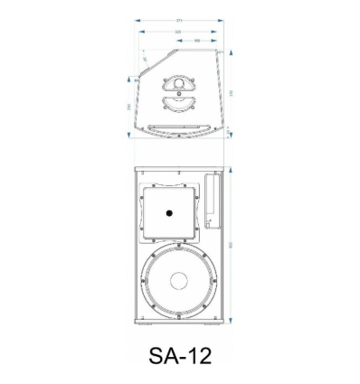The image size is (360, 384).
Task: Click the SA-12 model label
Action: [x=179, y=355]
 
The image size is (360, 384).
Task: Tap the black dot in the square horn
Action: [x=168, y=213]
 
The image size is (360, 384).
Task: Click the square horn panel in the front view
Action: [x=168, y=213]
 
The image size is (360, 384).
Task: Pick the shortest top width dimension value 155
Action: [x=197, y=41]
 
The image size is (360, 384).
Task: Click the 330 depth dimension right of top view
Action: [x=232, y=92]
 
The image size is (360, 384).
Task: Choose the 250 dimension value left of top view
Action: [x=128, y=107]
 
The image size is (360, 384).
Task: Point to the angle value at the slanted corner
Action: [x=145, y=61]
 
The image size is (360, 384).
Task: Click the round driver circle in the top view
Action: [x=179, y=86]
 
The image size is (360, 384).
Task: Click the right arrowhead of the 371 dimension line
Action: [x=225, y=19]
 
